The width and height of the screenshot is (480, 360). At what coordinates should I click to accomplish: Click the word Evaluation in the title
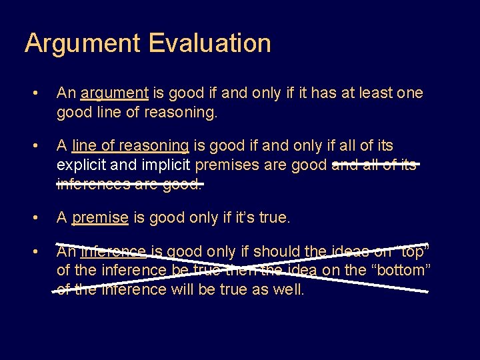tap(209, 44)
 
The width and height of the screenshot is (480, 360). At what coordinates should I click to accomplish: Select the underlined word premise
tap(100, 217)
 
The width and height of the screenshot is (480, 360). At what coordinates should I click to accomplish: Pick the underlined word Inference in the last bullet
tap(113, 251)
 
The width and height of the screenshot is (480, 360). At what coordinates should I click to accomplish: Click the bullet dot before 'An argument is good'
tap(42, 93)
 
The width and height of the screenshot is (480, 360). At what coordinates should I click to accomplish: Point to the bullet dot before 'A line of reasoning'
tap(42, 146)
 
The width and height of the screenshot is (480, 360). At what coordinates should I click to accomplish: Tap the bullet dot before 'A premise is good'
tap(42, 217)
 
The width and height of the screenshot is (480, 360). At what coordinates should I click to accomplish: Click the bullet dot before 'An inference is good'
tap(42, 252)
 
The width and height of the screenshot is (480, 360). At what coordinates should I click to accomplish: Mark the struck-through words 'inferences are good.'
tap(129, 183)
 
